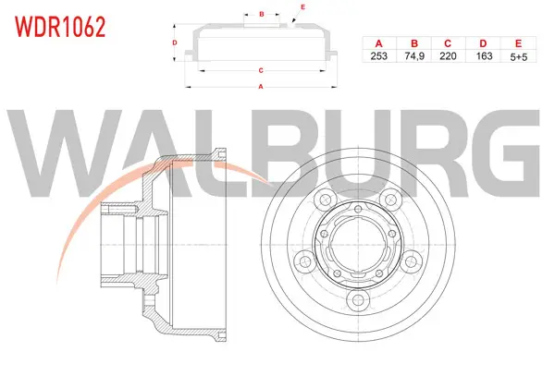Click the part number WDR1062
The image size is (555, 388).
click(x=60, y=27)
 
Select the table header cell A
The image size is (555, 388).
click(x=378, y=43)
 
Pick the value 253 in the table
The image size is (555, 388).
click(x=378, y=55)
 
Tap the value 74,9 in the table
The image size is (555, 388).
click(x=414, y=55)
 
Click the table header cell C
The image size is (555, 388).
click(x=448, y=43)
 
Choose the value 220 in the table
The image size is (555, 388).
click(x=448, y=55)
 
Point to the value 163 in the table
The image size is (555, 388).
click(x=484, y=55)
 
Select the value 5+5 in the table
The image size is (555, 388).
click(x=519, y=56)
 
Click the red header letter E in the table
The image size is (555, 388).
click(x=519, y=43)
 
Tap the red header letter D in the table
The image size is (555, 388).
click(x=483, y=43)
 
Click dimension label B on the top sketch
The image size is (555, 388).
click(x=262, y=14)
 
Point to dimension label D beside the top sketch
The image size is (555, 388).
click(x=175, y=42)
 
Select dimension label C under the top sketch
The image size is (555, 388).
click(x=261, y=71)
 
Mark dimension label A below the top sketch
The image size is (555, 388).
click(x=261, y=87)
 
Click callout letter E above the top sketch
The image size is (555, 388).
click(x=302, y=7)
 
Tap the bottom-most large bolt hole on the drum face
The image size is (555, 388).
click(x=359, y=300)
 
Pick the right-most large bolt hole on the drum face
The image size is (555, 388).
click(x=411, y=261)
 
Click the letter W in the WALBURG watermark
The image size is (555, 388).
click(x=65, y=152)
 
